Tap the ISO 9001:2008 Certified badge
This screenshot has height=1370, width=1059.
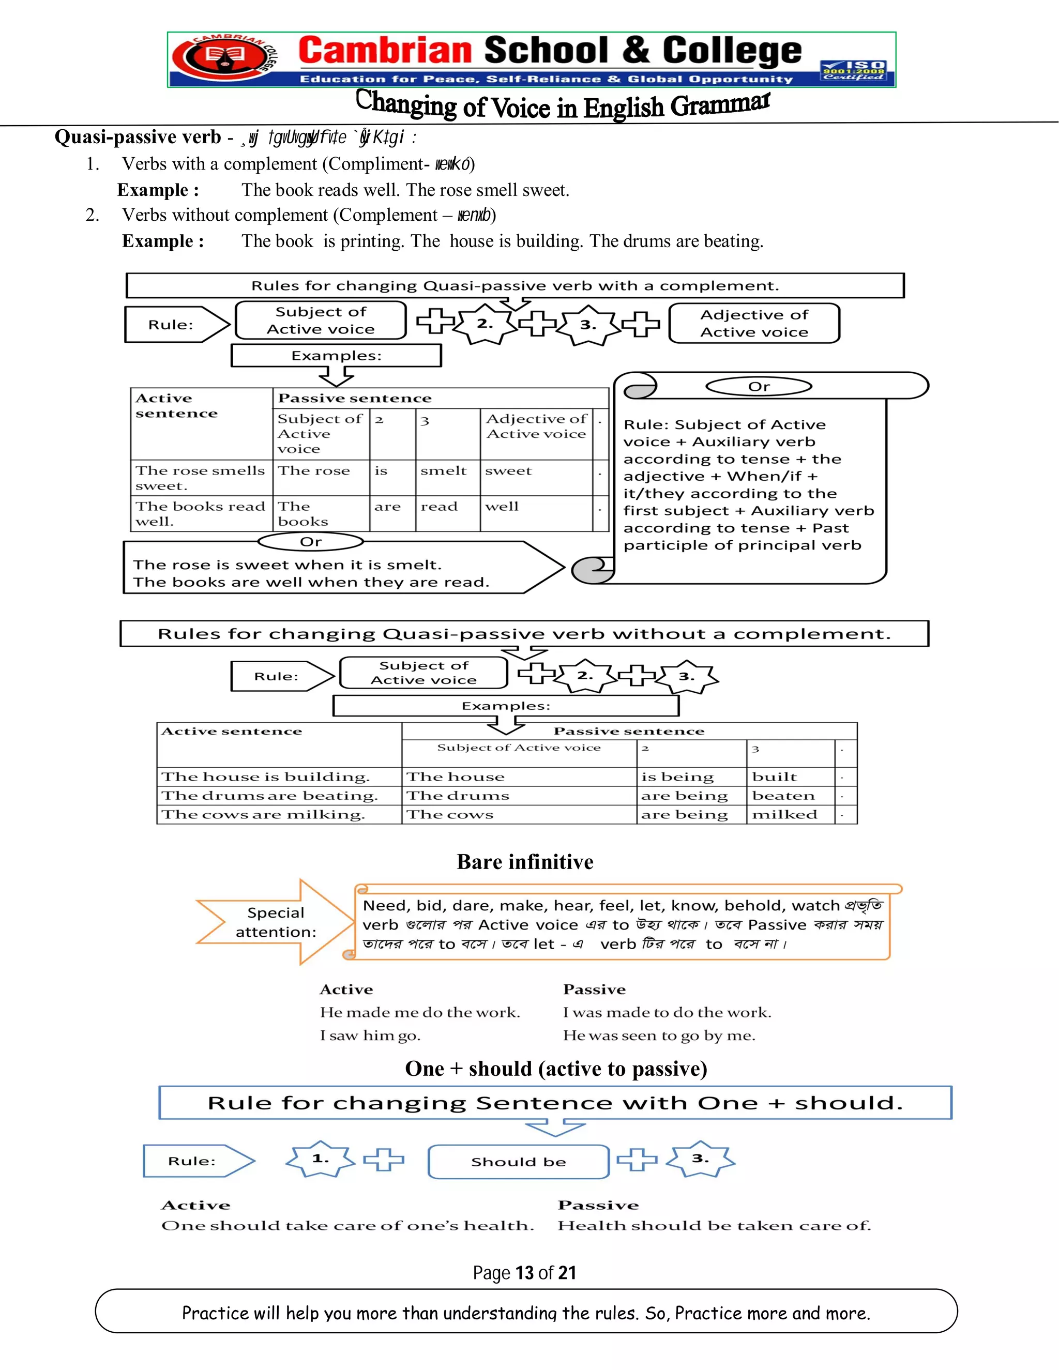(x=854, y=70)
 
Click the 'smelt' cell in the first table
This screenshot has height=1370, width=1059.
(x=444, y=471)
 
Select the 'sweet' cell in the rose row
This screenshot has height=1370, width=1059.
(x=508, y=471)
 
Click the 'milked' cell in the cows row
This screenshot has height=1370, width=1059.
(x=784, y=815)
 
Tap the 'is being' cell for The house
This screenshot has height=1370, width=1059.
(x=677, y=777)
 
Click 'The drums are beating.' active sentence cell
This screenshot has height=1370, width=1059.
(x=270, y=796)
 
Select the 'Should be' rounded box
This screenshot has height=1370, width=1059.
(x=518, y=1162)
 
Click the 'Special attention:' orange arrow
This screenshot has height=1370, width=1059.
(x=276, y=922)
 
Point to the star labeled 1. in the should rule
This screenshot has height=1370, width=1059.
(x=321, y=1159)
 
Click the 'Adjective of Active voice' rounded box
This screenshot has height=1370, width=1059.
(x=754, y=323)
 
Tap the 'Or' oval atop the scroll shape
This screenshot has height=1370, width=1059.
(x=759, y=386)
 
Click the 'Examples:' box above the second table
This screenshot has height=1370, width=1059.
(x=506, y=706)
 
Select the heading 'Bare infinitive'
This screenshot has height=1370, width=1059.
(x=525, y=862)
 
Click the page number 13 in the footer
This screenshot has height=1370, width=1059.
(x=524, y=1272)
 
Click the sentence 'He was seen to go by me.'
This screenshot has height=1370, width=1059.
(x=659, y=1036)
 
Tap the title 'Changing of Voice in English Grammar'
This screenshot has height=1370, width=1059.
(x=563, y=105)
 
